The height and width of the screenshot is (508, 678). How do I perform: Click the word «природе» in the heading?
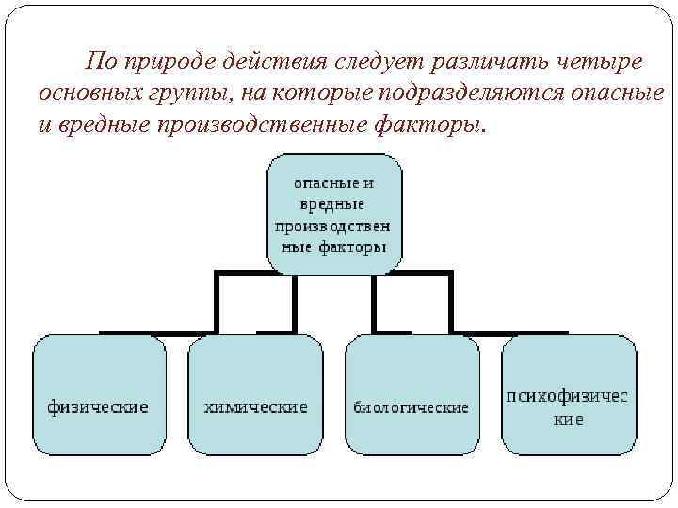point(166,62)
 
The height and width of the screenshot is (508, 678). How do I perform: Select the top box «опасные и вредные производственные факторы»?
point(334,214)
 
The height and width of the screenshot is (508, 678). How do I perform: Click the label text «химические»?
point(256,407)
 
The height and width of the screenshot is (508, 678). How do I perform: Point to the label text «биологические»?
point(412,408)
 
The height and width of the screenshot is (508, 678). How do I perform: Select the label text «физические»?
point(99,407)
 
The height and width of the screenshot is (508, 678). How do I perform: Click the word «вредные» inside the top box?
point(332,204)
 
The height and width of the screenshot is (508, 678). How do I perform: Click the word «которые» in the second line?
point(325,94)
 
